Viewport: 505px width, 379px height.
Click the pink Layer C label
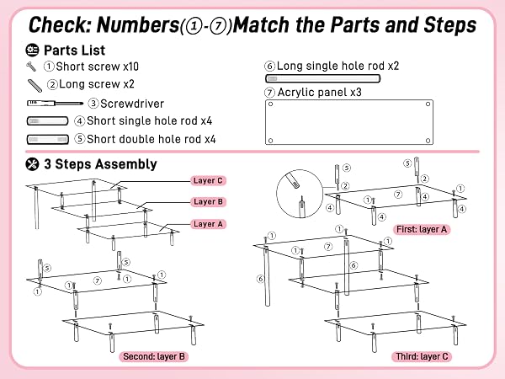[208, 180]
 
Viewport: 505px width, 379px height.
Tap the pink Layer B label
[208, 202]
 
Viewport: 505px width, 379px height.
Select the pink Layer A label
[208, 224]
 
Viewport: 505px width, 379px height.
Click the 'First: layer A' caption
[422, 229]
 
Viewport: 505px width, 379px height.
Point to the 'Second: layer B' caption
[154, 356]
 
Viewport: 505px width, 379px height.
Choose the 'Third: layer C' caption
[422, 356]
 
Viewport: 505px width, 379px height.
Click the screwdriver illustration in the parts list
[55, 103]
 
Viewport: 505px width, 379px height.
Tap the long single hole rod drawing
[322, 78]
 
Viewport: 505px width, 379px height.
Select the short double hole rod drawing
[48, 139]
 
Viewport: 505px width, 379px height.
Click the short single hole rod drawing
[48, 120]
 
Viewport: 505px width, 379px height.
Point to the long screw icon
[35, 86]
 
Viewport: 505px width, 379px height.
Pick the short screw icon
[31, 67]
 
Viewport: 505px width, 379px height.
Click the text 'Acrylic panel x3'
[320, 92]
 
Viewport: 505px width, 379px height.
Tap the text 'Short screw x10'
[98, 67]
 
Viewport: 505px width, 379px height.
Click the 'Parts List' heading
[74, 51]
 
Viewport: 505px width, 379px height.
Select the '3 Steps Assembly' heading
[100, 164]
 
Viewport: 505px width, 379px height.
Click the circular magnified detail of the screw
[300, 194]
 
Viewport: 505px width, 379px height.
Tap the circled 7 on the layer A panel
[398, 195]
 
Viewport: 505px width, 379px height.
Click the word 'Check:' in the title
[61, 24]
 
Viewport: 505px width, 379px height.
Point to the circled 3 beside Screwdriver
[93, 104]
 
